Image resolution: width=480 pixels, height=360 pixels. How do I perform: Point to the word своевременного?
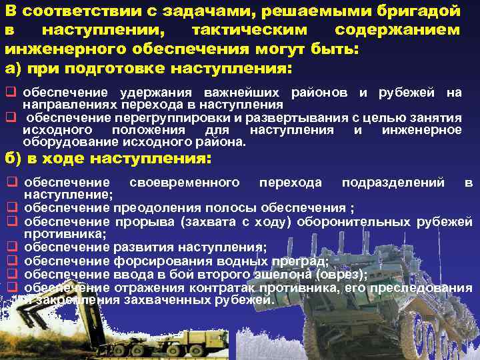click(185, 183)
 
